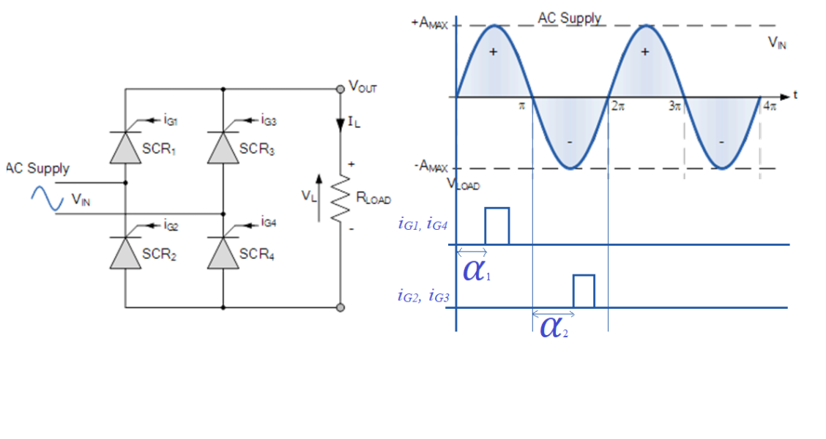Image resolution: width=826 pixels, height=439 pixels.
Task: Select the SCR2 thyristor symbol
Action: (x=125, y=253)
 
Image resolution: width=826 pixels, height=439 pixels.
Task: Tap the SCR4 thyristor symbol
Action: (x=223, y=253)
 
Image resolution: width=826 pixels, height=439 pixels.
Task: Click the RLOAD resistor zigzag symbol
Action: (x=340, y=198)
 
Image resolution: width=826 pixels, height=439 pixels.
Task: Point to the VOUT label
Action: (x=363, y=87)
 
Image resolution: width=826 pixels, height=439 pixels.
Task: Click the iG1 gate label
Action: (x=170, y=119)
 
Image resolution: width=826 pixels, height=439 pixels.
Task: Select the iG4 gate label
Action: (x=268, y=222)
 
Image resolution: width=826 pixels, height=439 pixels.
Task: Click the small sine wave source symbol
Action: (x=47, y=198)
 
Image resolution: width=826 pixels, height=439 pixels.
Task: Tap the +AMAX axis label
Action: (x=431, y=23)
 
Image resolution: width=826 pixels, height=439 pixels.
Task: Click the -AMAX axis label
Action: (x=431, y=167)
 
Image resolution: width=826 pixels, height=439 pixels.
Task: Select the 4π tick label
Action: (x=768, y=106)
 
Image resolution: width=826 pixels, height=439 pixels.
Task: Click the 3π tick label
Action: (x=674, y=106)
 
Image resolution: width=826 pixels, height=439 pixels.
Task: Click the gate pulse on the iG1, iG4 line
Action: (x=496, y=225)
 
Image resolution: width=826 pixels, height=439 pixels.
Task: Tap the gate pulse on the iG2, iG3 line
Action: (x=584, y=290)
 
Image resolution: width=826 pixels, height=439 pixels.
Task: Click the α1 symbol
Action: (x=477, y=271)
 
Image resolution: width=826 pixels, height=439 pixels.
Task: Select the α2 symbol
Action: (x=554, y=326)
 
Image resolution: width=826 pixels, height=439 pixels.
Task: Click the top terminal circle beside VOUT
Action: (x=340, y=89)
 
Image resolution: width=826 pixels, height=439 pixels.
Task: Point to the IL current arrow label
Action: (x=354, y=122)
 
